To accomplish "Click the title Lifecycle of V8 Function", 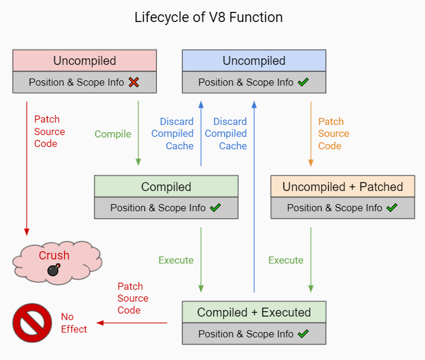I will pyautogui.click(x=209, y=17).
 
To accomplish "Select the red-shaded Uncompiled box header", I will pyautogui.click(x=84, y=61).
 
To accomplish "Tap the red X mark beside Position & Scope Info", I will pyautogui.click(x=134, y=83).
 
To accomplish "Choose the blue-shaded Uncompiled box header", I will pyautogui.click(x=254, y=61).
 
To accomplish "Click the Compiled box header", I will pyautogui.click(x=166, y=187).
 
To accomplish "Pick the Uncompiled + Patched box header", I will pyautogui.click(x=342, y=187).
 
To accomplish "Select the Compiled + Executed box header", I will pyautogui.click(x=254, y=312).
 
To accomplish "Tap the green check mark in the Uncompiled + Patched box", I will pyautogui.click(x=392, y=208).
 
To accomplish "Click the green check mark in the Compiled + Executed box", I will pyautogui.click(x=303, y=334).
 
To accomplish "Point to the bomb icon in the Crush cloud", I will pyautogui.click(x=54, y=270).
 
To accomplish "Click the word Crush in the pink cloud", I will pyautogui.click(x=54, y=255).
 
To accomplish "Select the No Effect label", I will pyautogui.click(x=74, y=323).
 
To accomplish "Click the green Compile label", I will pyautogui.click(x=113, y=134).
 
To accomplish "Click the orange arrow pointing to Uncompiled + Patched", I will pyautogui.click(x=310, y=134).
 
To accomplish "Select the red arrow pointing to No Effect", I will pyautogui.click(x=132, y=323).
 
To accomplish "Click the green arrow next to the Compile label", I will pyautogui.click(x=138, y=134).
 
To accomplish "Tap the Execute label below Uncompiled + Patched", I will pyautogui.click(x=286, y=260).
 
